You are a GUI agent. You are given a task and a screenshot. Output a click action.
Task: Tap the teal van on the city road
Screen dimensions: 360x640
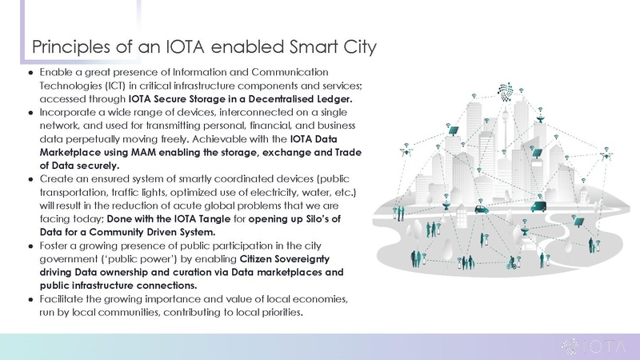(x=538, y=206)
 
